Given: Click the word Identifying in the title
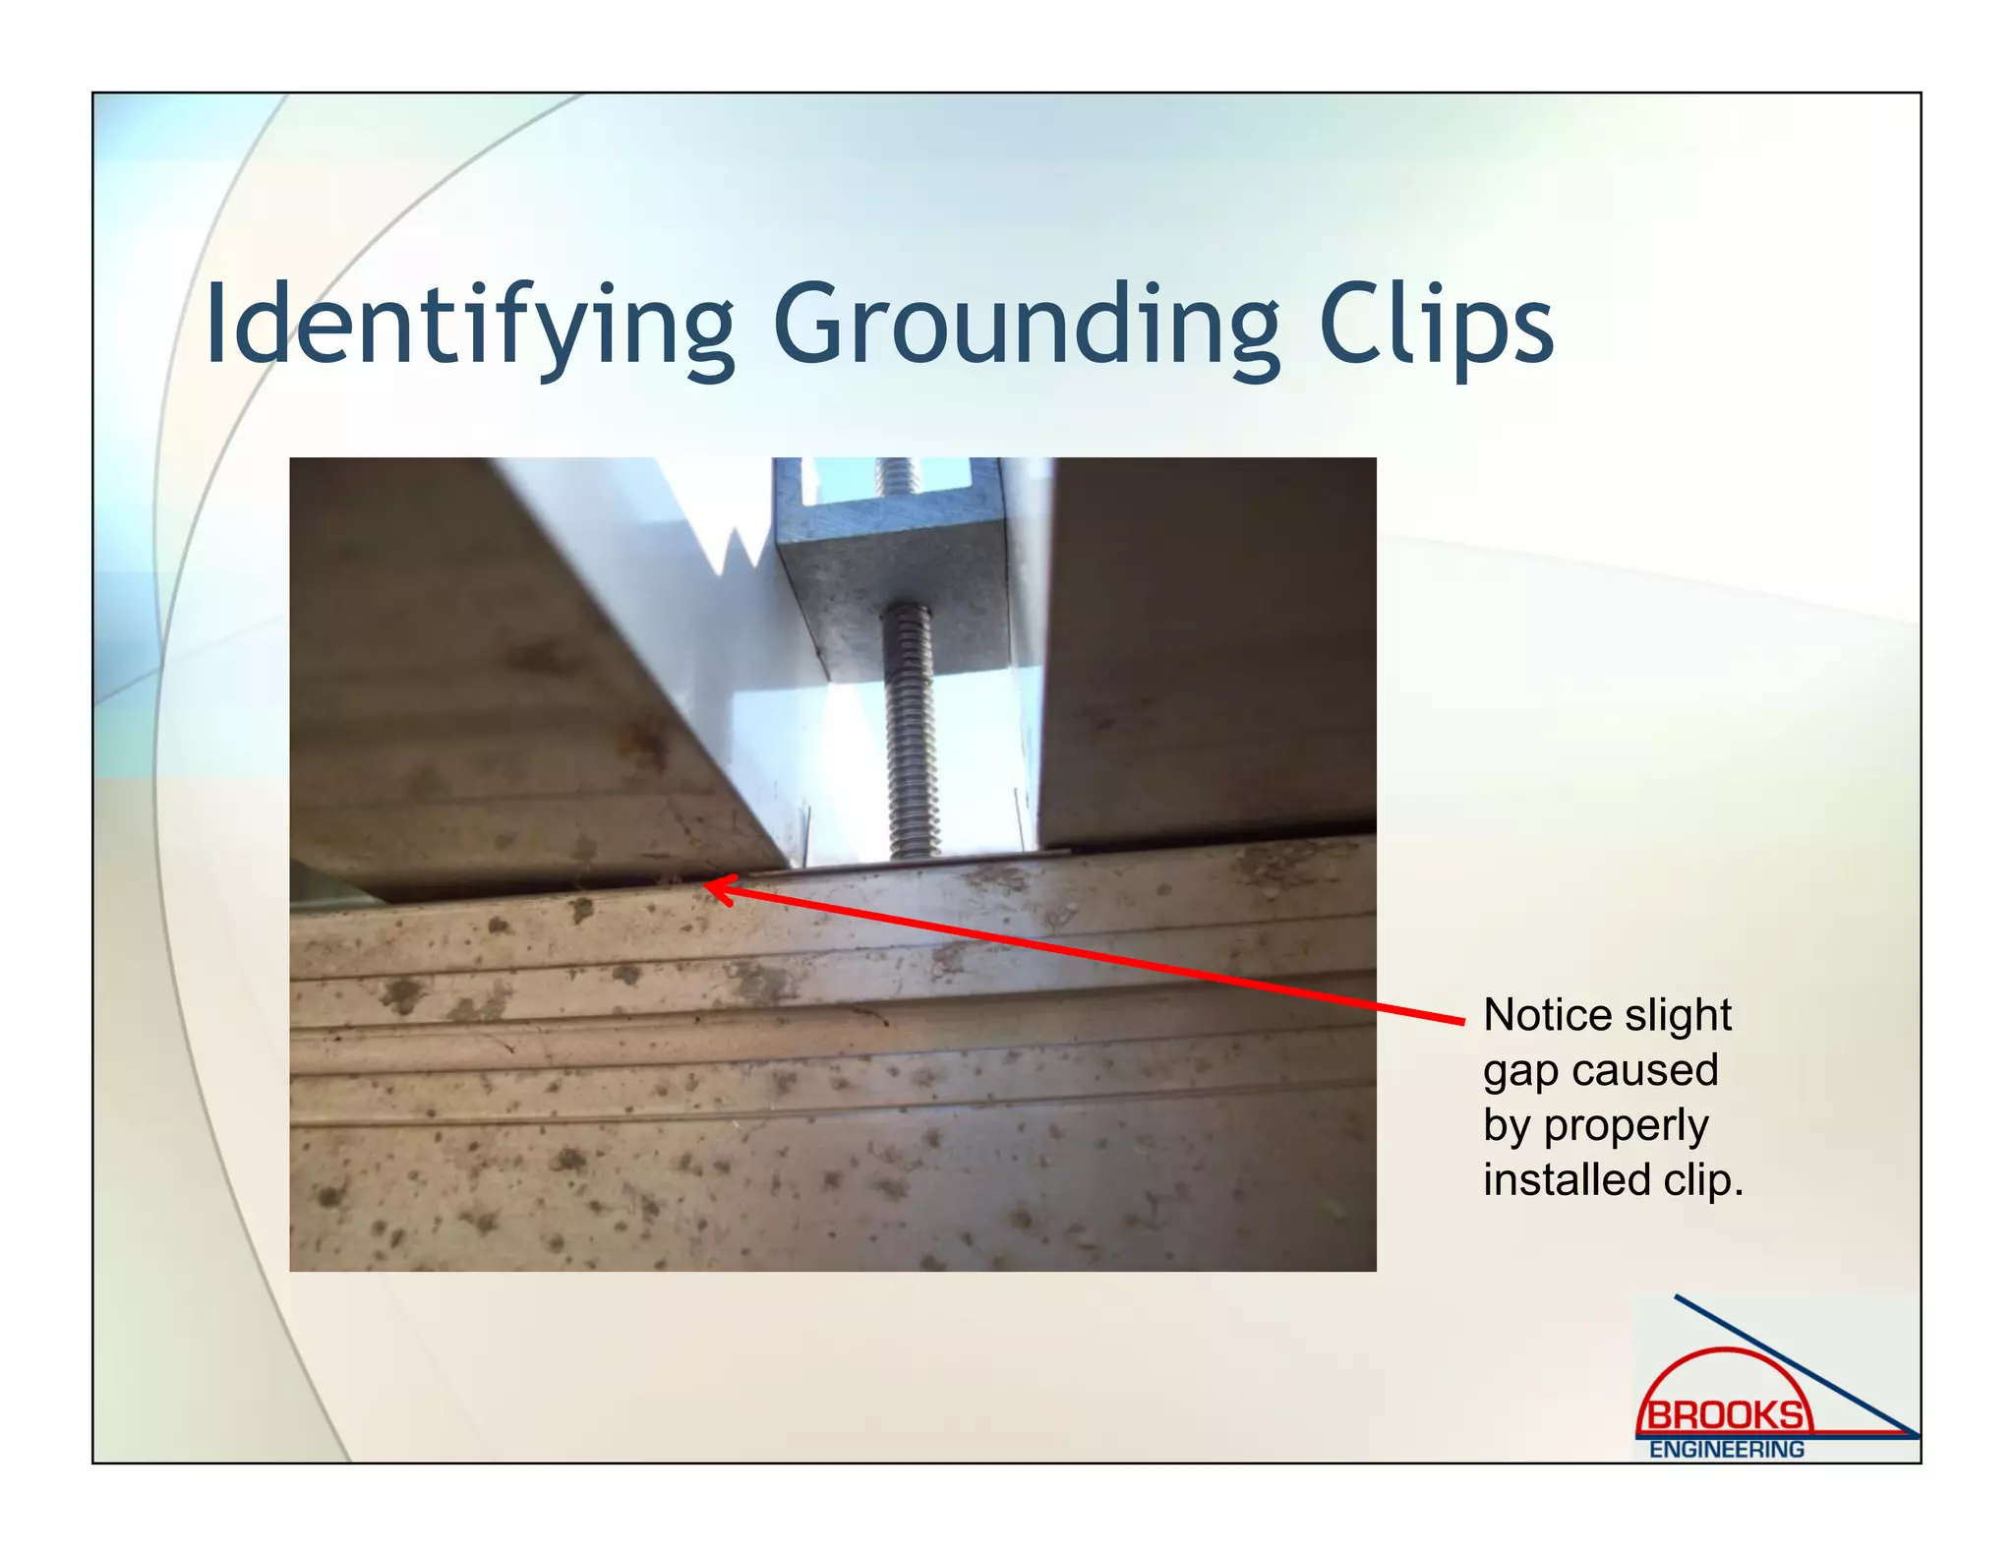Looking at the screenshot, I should tap(470, 326).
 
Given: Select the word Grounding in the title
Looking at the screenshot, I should tap(1027, 326).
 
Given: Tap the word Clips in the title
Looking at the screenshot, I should tap(1436, 326).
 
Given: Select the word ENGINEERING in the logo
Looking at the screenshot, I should tap(1727, 1450).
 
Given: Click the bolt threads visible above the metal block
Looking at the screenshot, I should tap(898, 476).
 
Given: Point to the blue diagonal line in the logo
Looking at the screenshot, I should tap(1800, 1367).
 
